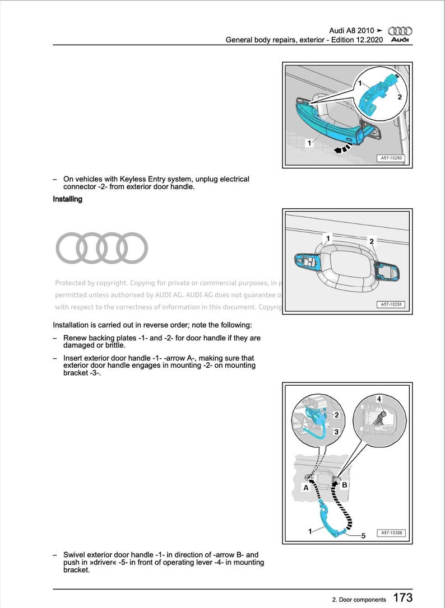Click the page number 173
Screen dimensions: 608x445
[x=402, y=597]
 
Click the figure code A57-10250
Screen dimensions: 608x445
[x=391, y=158]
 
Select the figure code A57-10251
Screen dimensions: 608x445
[x=391, y=305]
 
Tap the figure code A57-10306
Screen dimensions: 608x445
[x=391, y=534]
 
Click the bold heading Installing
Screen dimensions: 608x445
[x=67, y=199]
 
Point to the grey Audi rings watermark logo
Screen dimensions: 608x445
[x=101, y=248]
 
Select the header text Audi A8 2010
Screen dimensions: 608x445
[x=352, y=30]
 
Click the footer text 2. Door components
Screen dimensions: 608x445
[x=359, y=600]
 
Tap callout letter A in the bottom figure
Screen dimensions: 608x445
[x=306, y=488]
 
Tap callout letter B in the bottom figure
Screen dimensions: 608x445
[x=345, y=485]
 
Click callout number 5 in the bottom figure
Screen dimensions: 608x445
[x=363, y=536]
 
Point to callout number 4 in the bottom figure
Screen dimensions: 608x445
[x=379, y=399]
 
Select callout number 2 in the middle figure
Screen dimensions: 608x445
[x=372, y=241]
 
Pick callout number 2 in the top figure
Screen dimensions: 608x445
[x=399, y=97]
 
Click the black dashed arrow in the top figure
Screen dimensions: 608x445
[x=342, y=148]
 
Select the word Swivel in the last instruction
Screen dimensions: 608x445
[x=75, y=555]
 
